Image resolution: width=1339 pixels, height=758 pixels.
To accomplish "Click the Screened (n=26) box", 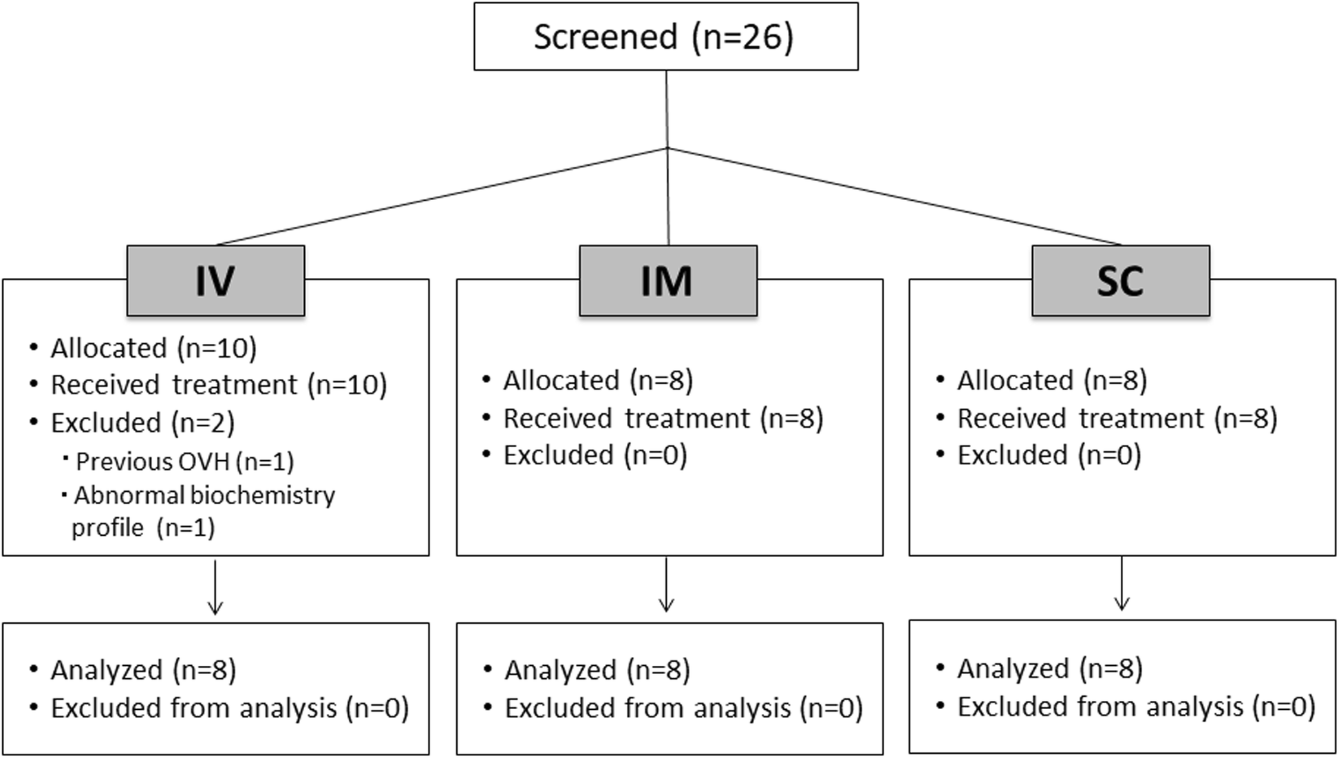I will [665, 36].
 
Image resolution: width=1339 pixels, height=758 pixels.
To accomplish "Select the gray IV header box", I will [215, 281].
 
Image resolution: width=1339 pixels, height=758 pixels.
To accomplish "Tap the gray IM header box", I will [667, 281].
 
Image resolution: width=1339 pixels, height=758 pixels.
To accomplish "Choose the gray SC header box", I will [1120, 281].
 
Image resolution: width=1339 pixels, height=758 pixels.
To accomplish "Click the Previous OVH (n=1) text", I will [184, 462].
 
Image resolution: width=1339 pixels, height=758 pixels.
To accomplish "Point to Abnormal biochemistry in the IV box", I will [204, 496].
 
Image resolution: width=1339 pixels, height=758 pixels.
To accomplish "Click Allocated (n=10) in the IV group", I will [153, 348].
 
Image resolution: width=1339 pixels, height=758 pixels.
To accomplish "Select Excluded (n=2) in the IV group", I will [142, 422].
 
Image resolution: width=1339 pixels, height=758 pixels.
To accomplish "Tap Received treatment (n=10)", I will [218, 385].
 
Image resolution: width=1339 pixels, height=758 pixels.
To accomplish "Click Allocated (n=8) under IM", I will [597, 380].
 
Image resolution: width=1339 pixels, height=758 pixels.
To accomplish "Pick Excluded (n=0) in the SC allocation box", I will [1049, 455].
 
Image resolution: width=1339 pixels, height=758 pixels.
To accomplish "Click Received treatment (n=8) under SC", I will [1117, 418].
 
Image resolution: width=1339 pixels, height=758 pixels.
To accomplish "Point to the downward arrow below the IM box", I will [666, 585].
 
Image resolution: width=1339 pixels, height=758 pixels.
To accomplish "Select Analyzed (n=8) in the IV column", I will [142, 670].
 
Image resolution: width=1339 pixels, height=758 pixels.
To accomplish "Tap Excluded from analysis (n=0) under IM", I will [683, 708].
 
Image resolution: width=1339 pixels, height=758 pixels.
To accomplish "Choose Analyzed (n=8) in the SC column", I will [1049, 669].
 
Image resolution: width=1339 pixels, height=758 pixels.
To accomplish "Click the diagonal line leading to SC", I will [895, 196].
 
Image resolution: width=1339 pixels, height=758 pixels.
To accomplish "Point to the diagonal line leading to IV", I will [440, 196].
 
